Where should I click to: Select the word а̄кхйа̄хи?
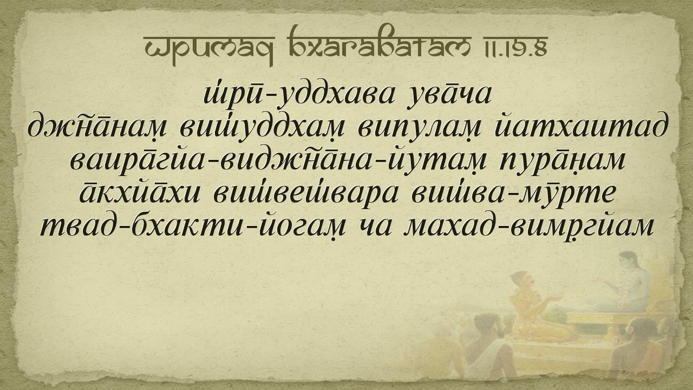pos(140,194)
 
